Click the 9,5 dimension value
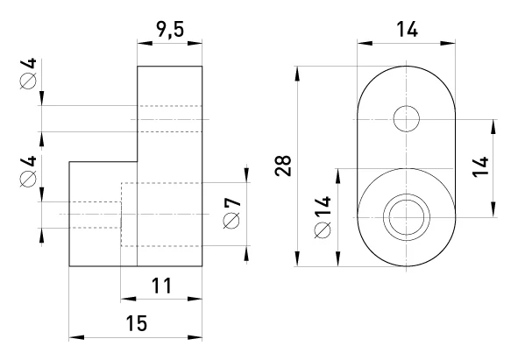click(170, 30)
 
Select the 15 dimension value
click(137, 323)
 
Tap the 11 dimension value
click(162, 286)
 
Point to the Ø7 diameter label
click(232, 213)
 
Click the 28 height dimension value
click(283, 166)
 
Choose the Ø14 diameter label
click(323, 217)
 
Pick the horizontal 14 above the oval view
click(407, 29)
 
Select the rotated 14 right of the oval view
click(480, 167)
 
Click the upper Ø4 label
click(28, 74)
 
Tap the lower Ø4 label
click(28, 172)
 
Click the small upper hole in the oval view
click(407, 119)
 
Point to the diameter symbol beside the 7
click(231, 221)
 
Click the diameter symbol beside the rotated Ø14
click(323, 230)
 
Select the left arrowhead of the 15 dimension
click(76, 337)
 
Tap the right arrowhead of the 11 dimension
click(195, 299)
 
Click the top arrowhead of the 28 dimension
click(298, 74)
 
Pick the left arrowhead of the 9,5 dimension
click(145, 43)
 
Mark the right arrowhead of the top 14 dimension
click(448, 43)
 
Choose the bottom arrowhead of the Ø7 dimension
click(246, 253)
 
